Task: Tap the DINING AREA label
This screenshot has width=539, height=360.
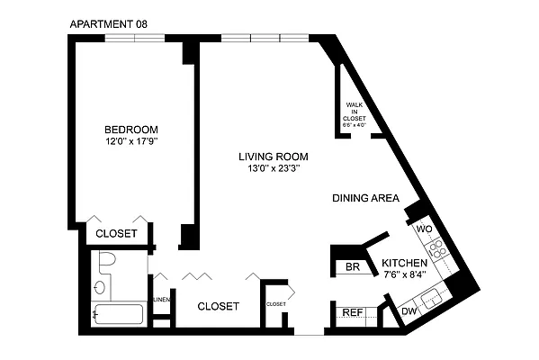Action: [x=364, y=199]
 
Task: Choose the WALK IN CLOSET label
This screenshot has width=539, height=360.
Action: [x=354, y=115]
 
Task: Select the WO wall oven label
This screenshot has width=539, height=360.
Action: [x=426, y=229]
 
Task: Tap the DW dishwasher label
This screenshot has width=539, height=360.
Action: [x=408, y=311]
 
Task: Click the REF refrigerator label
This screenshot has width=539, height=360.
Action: [x=352, y=312]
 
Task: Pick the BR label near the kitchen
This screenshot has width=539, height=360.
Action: [x=353, y=267]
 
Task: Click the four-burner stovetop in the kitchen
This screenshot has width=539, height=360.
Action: [x=437, y=249]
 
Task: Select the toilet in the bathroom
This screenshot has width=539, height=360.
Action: [x=107, y=264]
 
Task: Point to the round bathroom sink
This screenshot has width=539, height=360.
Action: [x=99, y=289]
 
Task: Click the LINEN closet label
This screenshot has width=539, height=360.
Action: [x=161, y=299]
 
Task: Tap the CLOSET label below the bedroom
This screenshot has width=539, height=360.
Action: [x=116, y=233]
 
